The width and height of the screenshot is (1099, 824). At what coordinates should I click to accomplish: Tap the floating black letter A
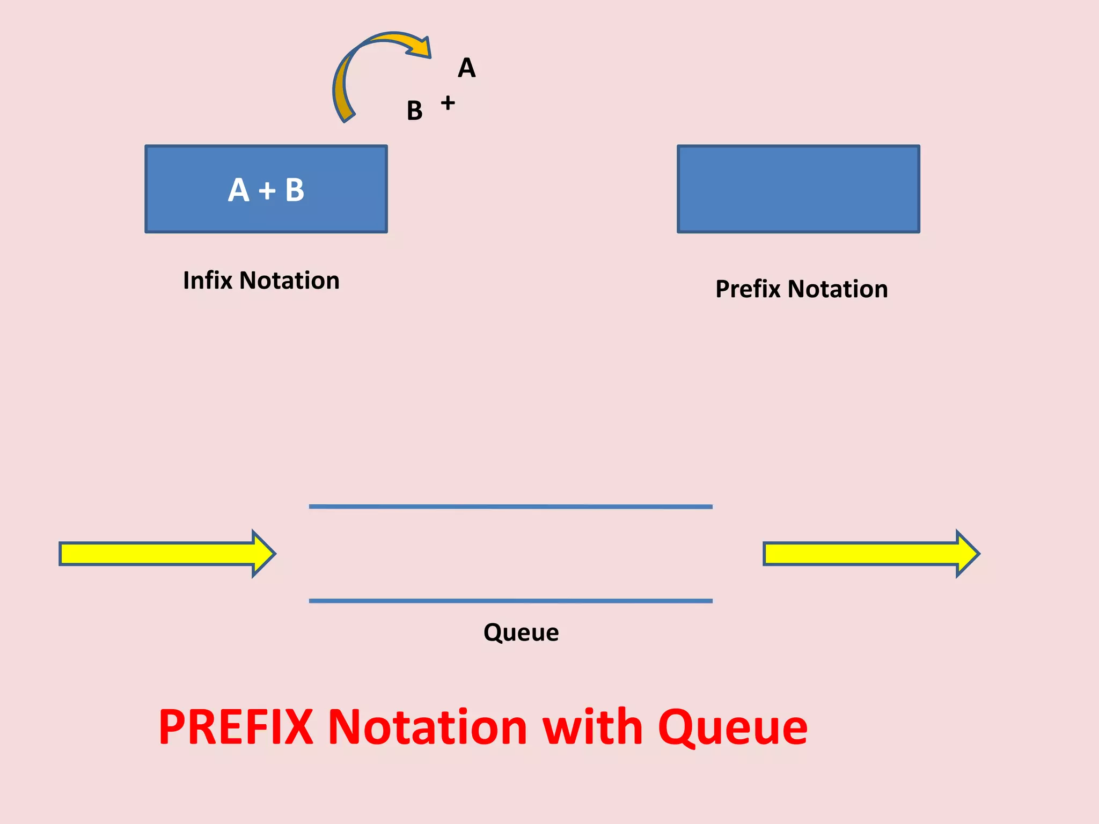[x=466, y=68]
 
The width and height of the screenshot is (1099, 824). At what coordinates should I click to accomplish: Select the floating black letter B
[x=414, y=111]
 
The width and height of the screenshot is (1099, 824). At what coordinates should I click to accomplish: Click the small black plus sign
[x=448, y=102]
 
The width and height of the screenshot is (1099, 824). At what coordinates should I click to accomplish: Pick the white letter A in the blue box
[x=239, y=190]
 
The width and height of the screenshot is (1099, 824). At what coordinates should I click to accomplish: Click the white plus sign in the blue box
[x=267, y=191]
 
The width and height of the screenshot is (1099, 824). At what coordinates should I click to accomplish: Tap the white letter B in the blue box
[x=295, y=190]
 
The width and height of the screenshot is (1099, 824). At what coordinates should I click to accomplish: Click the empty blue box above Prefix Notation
[x=798, y=189]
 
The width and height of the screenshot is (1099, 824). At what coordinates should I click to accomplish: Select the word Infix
[x=207, y=280]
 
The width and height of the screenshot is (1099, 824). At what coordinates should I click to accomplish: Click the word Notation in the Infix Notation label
[x=289, y=281]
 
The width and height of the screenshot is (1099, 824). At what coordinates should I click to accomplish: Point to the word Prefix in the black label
[x=748, y=289]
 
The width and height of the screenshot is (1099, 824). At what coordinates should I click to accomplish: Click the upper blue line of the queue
[x=510, y=506]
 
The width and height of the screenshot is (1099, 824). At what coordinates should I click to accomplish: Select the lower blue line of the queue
[x=510, y=601]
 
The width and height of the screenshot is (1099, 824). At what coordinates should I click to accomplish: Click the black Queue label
[x=521, y=632]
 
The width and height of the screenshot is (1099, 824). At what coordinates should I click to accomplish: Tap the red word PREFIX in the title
[x=236, y=727]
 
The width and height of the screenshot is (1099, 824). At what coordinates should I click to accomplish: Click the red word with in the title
[x=592, y=727]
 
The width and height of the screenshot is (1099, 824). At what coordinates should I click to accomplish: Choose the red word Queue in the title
[x=732, y=729]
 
